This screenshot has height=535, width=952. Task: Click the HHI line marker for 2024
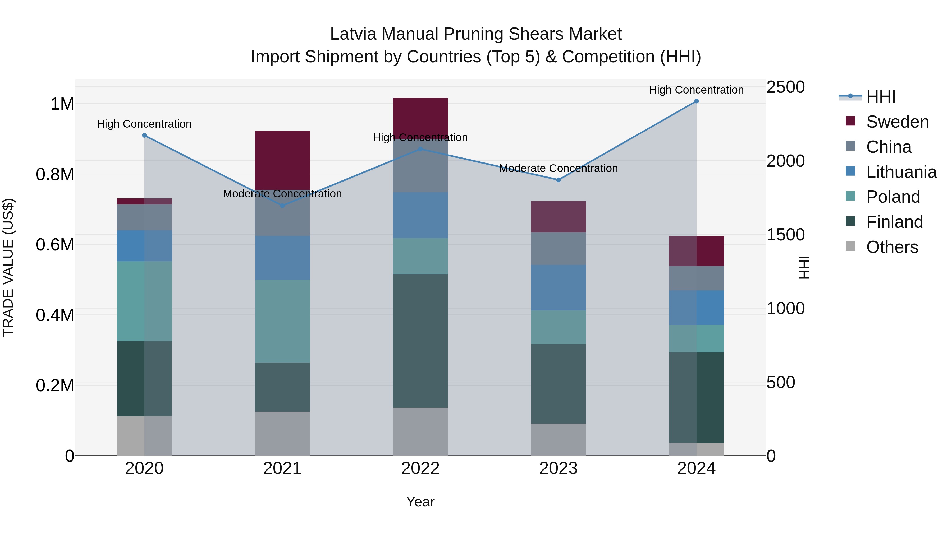pyautogui.click(x=696, y=101)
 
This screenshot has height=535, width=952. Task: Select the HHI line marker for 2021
pyautogui.click(x=282, y=206)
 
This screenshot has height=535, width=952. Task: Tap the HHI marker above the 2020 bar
pyautogui.click(x=144, y=136)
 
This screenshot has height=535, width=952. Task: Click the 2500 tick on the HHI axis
pyautogui.click(x=785, y=87)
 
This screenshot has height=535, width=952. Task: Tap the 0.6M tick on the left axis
pyautogui.click(x=55, y=244)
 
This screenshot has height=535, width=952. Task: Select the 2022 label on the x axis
pyautogui.click(x=420, y=468)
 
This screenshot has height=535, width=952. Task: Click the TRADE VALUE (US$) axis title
pyautogui.click(x=8, y=267)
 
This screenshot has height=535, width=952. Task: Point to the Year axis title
pyautogui.click(x=420, y=502)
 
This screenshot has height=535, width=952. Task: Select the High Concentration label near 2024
pyautogui.click(x=696, y=90)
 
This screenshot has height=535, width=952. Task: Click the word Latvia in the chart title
pyautogui.click(x=353, y=34)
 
